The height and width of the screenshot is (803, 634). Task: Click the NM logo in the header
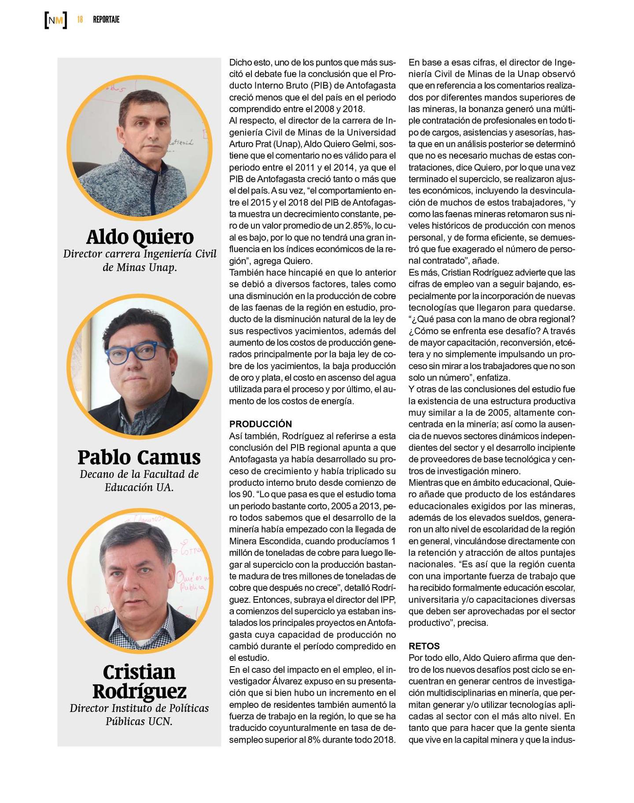click(x=56, y=20)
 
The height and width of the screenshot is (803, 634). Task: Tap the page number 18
click(x=80, y=20)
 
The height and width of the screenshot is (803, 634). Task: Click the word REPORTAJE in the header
click(x=106, y=20)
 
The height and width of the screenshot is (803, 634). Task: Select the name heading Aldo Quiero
click(x=140, y=237)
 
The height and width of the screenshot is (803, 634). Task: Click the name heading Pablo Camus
click(x=139, y=457)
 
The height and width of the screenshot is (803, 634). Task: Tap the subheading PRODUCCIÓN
click(x=261, y=424)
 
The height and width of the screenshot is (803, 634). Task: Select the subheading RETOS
click(x=424, y=646)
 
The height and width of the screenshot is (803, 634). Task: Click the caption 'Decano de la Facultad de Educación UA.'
click(x=139, y=480)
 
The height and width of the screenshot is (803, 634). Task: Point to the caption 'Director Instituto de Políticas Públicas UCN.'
click(x=139, y=715)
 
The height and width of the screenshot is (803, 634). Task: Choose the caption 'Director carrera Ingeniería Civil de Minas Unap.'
click(x=140, y=260)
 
